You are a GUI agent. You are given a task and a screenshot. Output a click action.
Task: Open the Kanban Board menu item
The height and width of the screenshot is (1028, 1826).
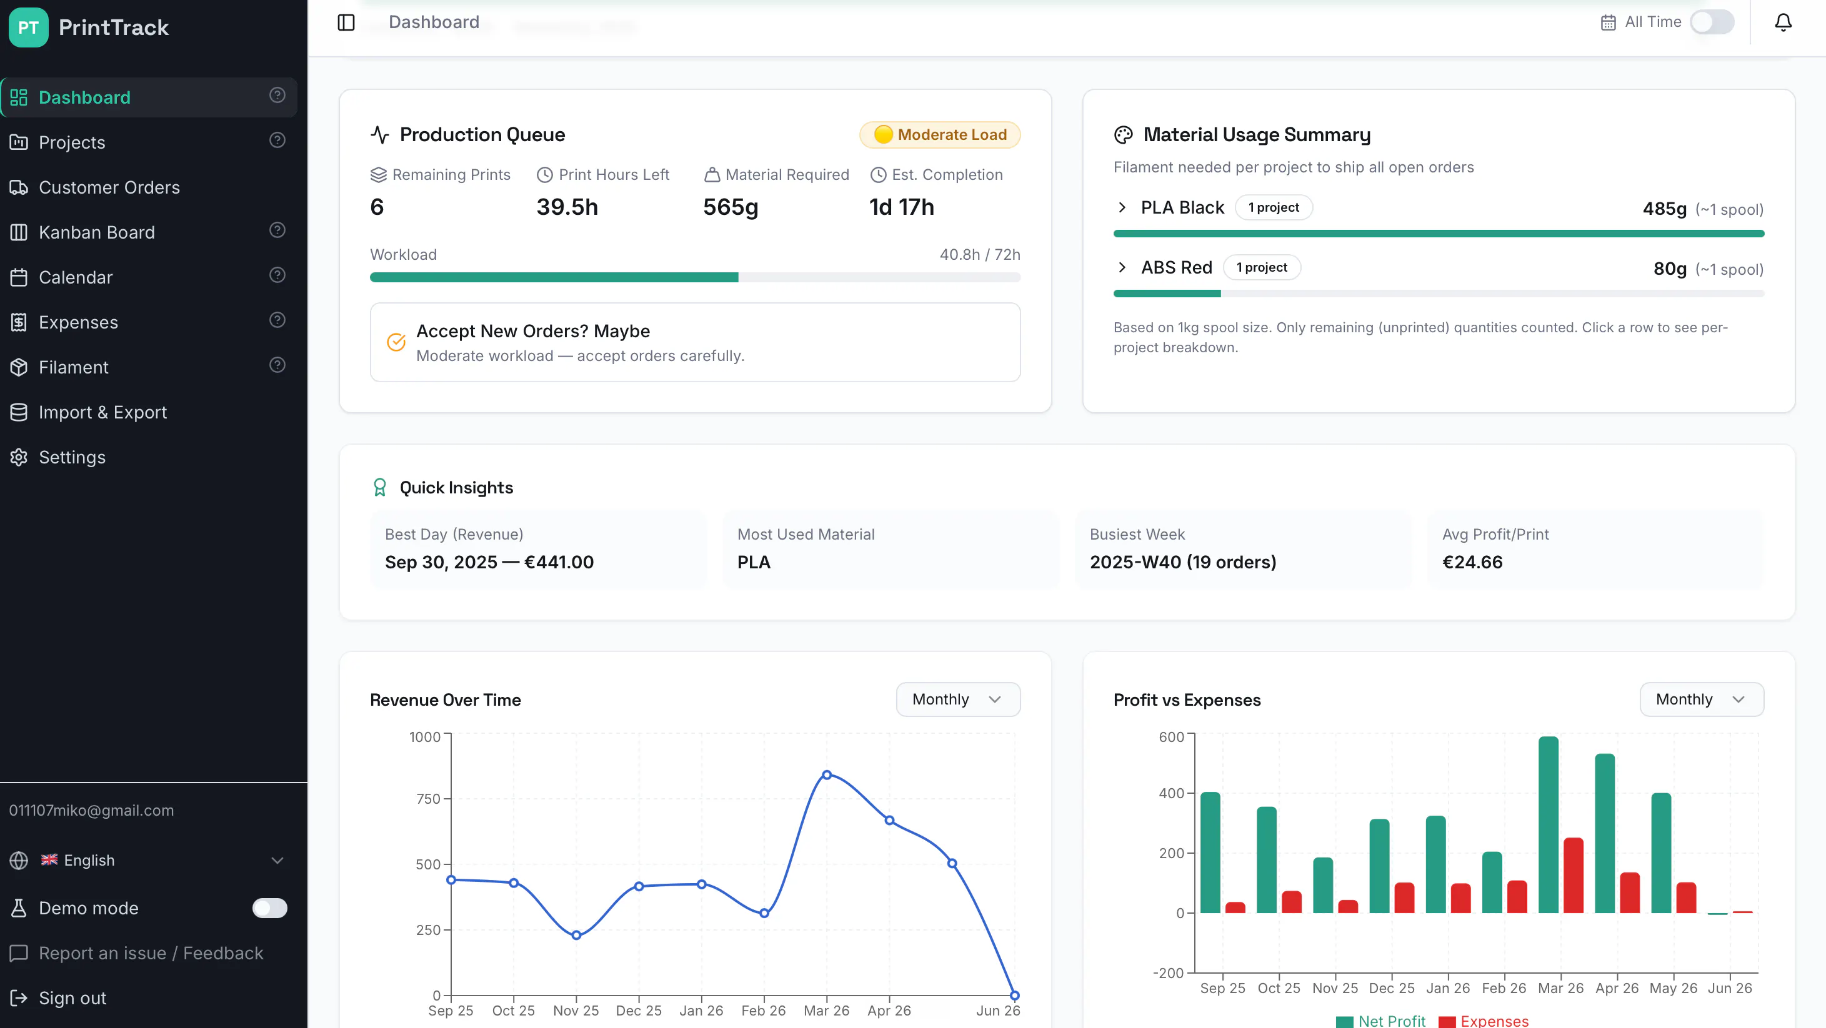pyautogui.click(x=96, y=232)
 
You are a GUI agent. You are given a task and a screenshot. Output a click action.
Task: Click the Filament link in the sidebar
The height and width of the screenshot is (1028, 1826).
pyautogui.click(x=73, y=367)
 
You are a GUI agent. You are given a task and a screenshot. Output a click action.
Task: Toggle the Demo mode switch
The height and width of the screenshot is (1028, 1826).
pyautogui.click(x=269, y=907)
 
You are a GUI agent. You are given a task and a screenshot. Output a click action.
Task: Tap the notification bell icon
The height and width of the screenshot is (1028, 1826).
pyautogui.click(x=1783, y=22)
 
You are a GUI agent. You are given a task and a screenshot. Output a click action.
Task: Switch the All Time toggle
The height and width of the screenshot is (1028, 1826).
pyautogui.click(x=1712, y=22)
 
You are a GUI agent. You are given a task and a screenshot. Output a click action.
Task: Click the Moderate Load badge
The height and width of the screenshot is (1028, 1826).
pyautogui.click(x=940, y=135)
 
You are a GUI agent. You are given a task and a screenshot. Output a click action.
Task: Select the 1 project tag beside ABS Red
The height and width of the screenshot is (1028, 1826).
pyautogui.click(x=1262, y=268)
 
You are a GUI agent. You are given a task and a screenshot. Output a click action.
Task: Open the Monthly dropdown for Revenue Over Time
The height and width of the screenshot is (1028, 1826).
pyautogui.click(x=957, y=699)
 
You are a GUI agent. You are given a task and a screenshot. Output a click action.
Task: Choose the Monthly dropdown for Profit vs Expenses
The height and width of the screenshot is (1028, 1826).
pyautogui.click(x=1701, y=699)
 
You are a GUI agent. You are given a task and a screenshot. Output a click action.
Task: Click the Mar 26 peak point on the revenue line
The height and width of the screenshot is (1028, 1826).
pyautogui.click(x=827, y=775)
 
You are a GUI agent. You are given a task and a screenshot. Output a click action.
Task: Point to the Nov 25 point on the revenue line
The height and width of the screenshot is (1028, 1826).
pyautogui.click(x=576, y=935)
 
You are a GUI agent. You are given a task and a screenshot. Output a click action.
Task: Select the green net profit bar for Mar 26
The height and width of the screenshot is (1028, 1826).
pyautogui.click(x=1548, y=824)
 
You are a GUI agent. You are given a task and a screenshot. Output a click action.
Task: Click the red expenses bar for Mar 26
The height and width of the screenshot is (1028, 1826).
pyautogui.click(x=1573, y=875)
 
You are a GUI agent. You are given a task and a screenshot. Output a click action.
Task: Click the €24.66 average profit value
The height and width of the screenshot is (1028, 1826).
pyautogui.click(x=1472, y=562)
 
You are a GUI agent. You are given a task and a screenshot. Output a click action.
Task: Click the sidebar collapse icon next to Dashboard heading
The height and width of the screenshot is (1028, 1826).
pyautogui.click(x=346, y=22)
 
